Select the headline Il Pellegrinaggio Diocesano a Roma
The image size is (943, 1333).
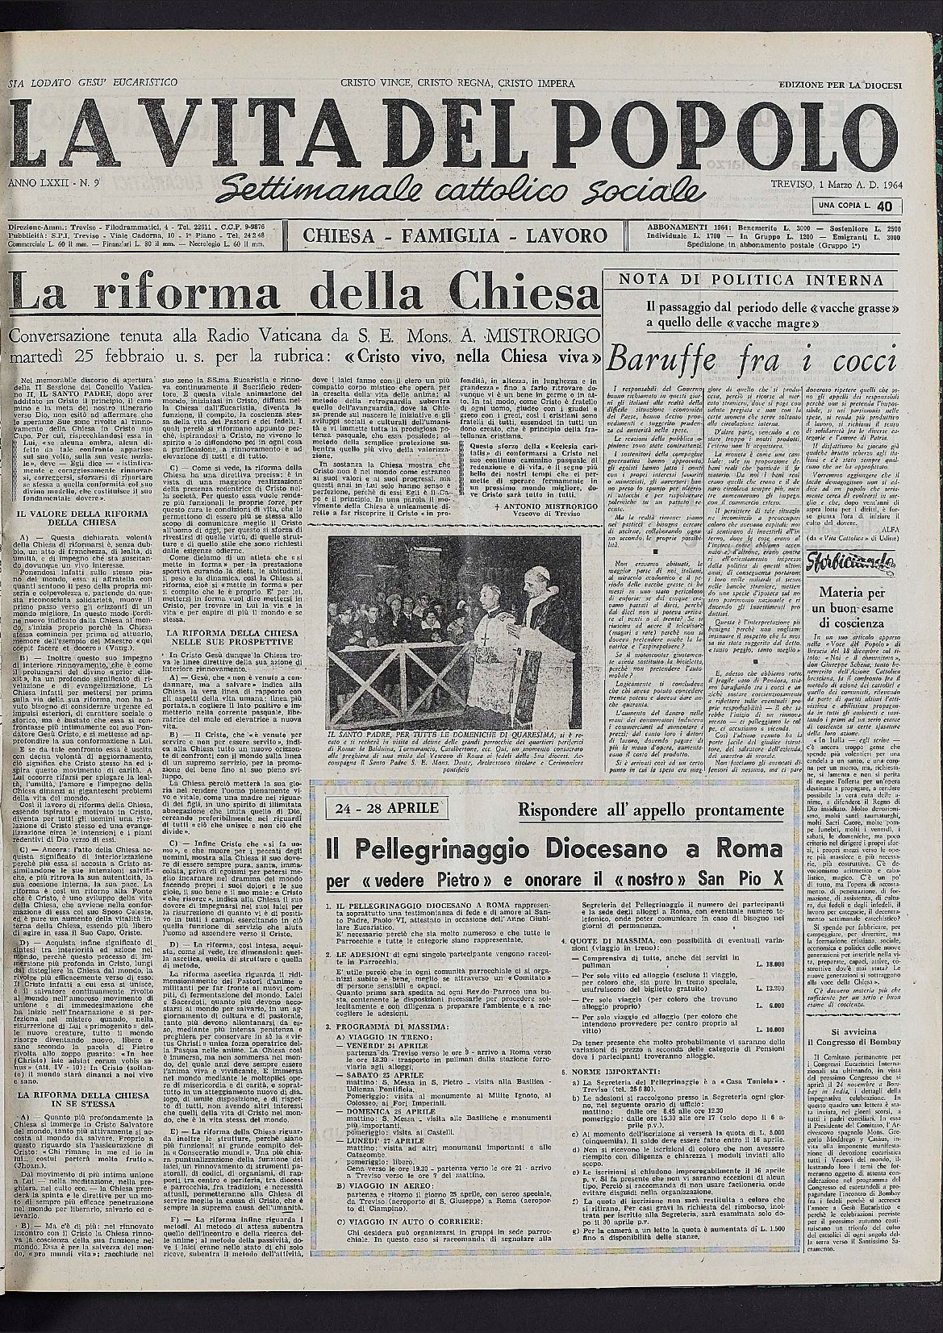point(553,849)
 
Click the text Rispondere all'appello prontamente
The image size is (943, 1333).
point(650,809)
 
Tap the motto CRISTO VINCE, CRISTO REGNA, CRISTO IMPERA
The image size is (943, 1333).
point(457,84)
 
